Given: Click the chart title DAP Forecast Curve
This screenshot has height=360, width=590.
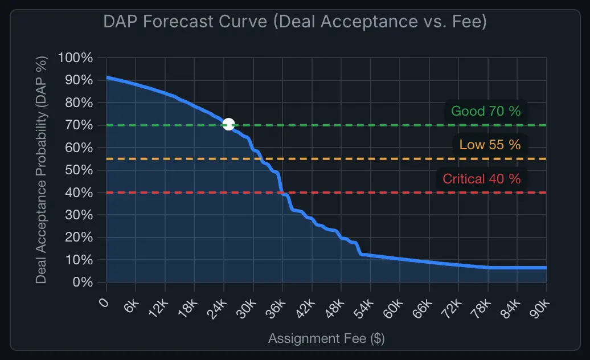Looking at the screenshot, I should pyautogui.click(x=295, y=22).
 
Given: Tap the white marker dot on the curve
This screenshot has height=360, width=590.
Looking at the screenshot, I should pyautogui.click(x=228, y=124).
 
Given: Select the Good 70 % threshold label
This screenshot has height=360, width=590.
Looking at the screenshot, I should pyautogui.click(x=486, y=111).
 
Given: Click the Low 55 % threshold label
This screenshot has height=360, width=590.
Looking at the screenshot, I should pyautogui.click(x=490, y=145).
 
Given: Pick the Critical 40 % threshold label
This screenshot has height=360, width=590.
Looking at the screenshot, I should pyautogui.click(x=481, y=179).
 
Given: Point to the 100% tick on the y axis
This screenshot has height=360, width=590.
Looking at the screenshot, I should pyautogui.click(x=75, y=58).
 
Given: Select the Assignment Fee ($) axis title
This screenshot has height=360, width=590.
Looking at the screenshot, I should pyautogui.click(x=326, y=338).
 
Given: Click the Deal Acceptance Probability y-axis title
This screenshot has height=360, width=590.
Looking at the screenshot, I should pyautogui.click(x=41, y=170).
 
